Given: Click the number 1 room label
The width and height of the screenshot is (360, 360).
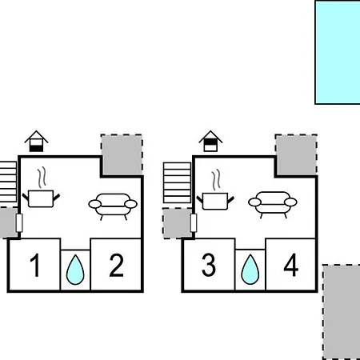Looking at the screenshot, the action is point(35,265).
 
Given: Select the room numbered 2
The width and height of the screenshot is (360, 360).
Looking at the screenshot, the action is point(117,265).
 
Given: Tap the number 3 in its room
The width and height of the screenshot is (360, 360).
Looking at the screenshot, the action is point(209,265).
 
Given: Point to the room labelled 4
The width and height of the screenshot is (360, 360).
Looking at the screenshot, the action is point(290,265).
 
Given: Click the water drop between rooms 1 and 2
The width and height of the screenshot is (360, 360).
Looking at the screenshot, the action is point(75,270).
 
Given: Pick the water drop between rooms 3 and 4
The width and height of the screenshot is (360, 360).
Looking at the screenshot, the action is point(250,270).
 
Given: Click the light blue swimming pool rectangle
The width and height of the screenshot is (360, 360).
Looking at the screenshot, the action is point(338,52).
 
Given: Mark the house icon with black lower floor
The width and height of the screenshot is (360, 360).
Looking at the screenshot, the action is point(36,142).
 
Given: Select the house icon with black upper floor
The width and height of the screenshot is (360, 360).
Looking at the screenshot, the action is point(210,141).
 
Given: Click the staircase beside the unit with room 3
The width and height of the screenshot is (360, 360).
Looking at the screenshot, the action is point(177,183).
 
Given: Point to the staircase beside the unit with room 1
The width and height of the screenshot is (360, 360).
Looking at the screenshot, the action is point(8,182).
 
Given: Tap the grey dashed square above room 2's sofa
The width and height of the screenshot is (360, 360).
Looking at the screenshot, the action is point(122,155).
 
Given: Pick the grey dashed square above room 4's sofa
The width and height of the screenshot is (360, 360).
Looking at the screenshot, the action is point(296,155).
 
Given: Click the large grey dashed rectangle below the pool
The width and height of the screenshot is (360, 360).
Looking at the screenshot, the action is point(342,312).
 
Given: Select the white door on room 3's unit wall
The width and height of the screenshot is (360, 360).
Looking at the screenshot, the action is point(194,222).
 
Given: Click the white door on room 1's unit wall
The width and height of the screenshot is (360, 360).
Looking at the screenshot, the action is point(19,222).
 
